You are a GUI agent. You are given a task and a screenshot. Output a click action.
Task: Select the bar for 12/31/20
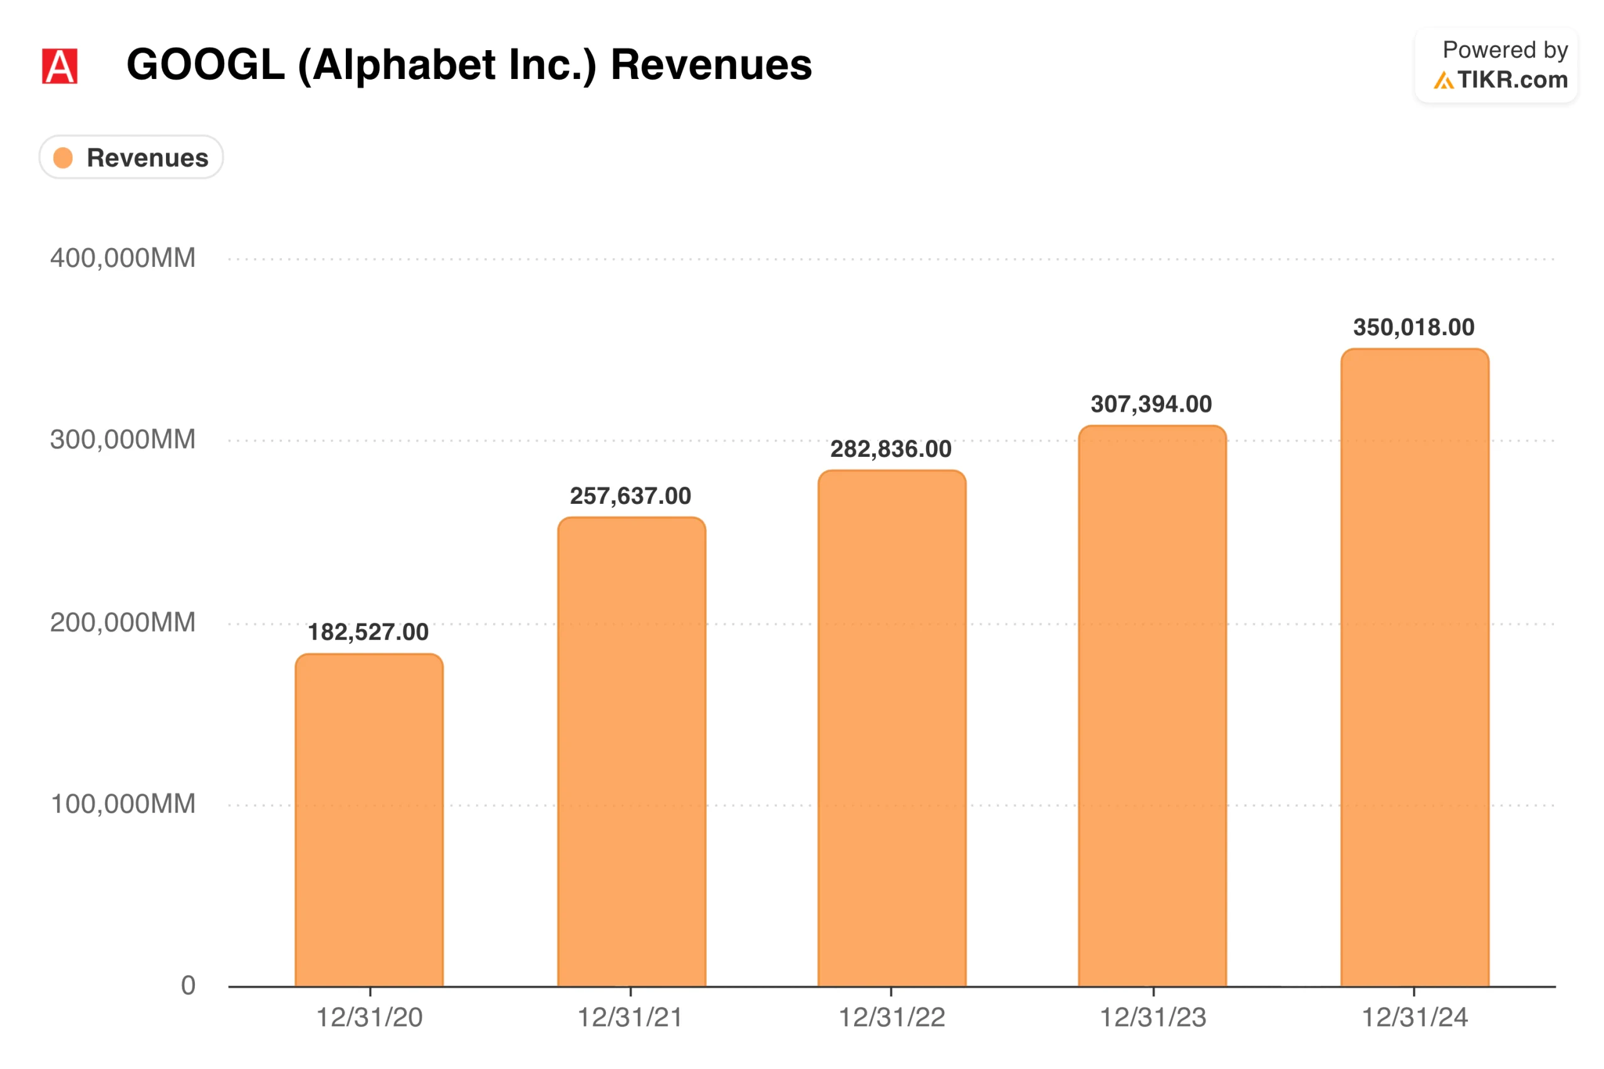click(369, 820)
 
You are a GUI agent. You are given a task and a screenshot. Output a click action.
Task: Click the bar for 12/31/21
click(631, 751)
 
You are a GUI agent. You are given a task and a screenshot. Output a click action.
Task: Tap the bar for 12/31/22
click(892, 728)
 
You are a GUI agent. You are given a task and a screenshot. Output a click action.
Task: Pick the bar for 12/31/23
click(1152, 706)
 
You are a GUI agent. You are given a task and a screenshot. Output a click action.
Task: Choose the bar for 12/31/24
click(1415, 667)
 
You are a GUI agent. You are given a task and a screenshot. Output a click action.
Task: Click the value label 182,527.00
click(368, 632)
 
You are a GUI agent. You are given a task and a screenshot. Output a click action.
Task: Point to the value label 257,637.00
click(630, 496)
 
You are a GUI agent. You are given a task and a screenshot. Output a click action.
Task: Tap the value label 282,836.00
click(891, 449)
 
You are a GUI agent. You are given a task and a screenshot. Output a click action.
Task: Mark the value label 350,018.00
click(1414, 327)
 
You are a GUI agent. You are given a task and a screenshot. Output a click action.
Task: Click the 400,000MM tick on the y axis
click(123, 258)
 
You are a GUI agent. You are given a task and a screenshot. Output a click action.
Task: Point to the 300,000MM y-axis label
click(123, 440)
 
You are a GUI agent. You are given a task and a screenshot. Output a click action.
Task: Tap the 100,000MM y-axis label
click(123, 804)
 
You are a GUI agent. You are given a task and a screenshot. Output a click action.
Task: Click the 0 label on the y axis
click(188, 985)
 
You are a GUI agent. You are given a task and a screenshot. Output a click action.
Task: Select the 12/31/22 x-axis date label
click(892, 1017)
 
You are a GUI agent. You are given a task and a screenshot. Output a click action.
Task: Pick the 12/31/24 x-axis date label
click(1415, 1017)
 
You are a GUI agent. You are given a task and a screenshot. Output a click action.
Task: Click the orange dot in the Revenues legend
click(63, 157)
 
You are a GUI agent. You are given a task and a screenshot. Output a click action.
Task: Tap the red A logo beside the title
click(60, 66)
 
